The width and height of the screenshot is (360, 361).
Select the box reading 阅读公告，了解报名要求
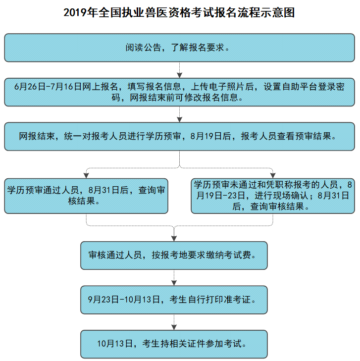(x=180, y=48)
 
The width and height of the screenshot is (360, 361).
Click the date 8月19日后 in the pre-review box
(x=210, y=136)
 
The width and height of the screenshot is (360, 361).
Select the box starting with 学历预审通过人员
(x=86, y=196)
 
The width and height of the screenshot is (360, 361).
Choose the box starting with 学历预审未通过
(x=273, y=196)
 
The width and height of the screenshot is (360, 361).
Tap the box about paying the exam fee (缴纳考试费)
(x=174, y=256)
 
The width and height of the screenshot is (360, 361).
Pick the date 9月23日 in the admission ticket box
(x=103, y=300)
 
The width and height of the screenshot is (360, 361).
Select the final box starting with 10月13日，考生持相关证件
(x=174, y=344)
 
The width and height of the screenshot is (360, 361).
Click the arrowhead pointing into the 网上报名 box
(x=180, y=75)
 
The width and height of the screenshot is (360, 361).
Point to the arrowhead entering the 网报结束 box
(x=180, y=120)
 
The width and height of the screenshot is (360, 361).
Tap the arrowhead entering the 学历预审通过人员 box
(x=86, y=176)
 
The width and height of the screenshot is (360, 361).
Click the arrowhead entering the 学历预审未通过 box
(x=273, y=176)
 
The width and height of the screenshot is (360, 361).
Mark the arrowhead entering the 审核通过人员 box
(x=174, y=239)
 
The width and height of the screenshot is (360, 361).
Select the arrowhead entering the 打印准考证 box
(x=174, y=283)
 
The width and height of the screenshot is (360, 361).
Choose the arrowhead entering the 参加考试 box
(x=174, y=327)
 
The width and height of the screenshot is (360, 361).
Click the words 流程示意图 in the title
(x=266, y=12)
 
